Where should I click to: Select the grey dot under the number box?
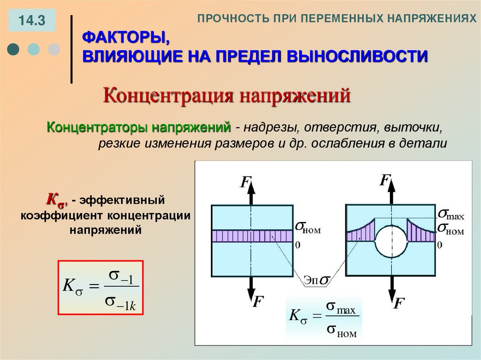coord(54,49)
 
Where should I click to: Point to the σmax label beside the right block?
coord(451,215)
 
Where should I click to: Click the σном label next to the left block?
coord(308,228)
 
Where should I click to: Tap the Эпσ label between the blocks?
coord(317,280)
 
